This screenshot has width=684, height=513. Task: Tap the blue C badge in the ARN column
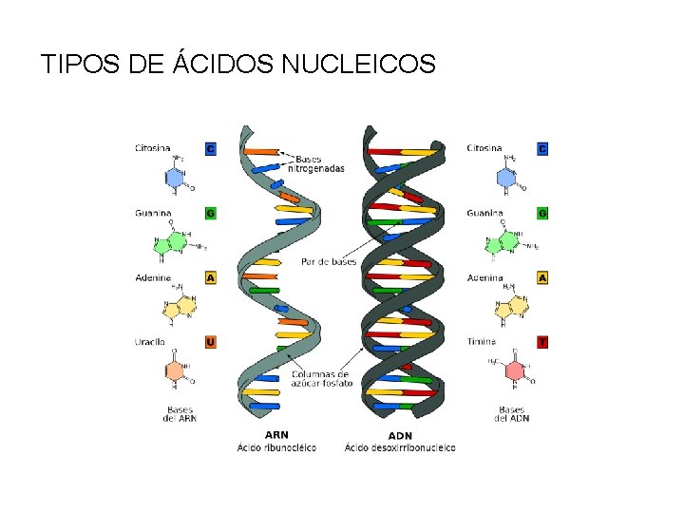click(x=210, y=148)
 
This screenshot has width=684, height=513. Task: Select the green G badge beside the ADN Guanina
click(x=542, y=214)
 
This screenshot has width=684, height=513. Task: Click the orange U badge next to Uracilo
click(x=210, y=341)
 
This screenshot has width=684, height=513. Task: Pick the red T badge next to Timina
click(x=542, y=341)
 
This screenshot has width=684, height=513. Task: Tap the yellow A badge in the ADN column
click(x=542, y=278)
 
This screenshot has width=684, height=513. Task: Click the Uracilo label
click(x=150, y=341)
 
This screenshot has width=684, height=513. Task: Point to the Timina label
click(x=482, y=341)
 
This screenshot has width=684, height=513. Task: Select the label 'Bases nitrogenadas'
click(x=319, y=163)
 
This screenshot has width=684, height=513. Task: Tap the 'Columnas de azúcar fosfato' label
click(x=321, y=379)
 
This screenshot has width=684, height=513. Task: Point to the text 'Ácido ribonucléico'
click(x=277, y=447)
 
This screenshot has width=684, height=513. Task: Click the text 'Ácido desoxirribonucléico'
click(x=400, y=447)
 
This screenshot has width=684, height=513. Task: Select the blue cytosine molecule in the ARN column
click(x=174, y=177)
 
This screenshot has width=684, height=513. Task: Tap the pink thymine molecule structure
click(x=513, y=369)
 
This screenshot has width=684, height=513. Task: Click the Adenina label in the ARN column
click(x=152, y=278)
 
